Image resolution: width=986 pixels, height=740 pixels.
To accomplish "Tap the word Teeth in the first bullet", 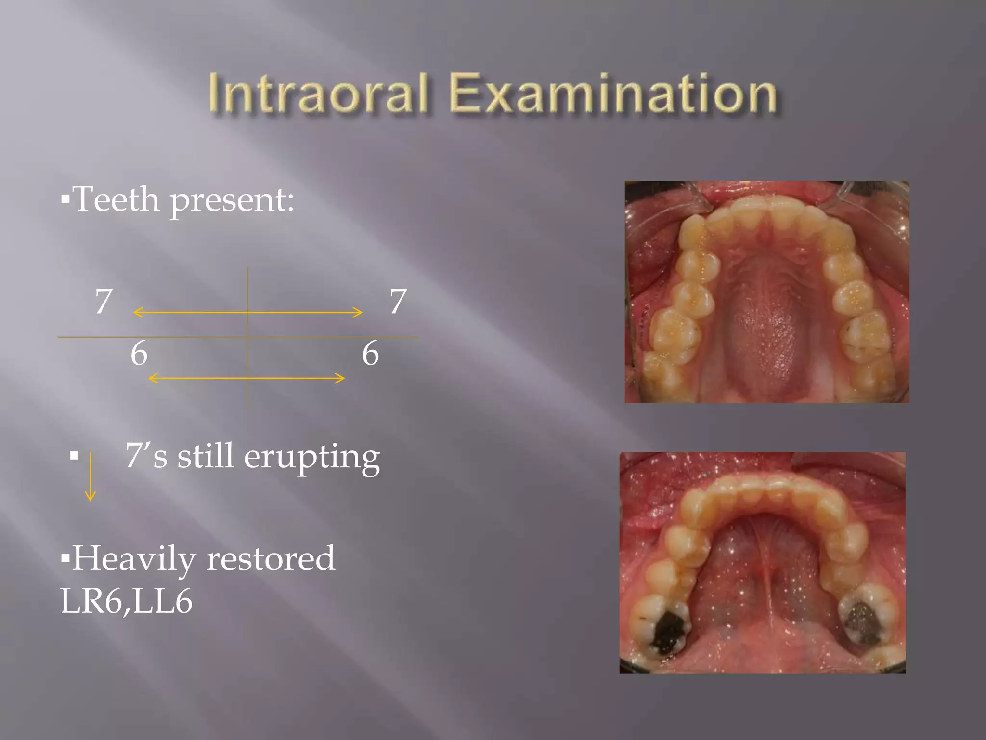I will (x=117, y=199).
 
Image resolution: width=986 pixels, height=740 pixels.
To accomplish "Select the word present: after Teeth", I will (x=232, y=200).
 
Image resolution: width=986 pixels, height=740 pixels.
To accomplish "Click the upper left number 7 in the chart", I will (x=104, y=301).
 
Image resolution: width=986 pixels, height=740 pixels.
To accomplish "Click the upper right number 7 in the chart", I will (x=398, y=301).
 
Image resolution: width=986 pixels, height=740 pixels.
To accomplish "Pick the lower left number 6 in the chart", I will (x=139, y=353).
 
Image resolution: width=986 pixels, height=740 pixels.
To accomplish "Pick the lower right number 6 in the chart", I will (x=370, y=353).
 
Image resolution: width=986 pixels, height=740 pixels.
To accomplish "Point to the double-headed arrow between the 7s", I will (x=247, y=312).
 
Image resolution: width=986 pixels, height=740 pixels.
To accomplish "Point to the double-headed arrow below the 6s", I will (x=247, y=378).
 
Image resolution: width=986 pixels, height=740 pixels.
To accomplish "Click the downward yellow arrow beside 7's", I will (x=90, y=477).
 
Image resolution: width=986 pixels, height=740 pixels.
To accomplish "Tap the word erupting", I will (x=312, y=456).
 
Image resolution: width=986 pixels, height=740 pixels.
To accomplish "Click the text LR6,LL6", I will (x=126, y=601).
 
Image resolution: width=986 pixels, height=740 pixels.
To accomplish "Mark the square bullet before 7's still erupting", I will (x=74, y=456).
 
